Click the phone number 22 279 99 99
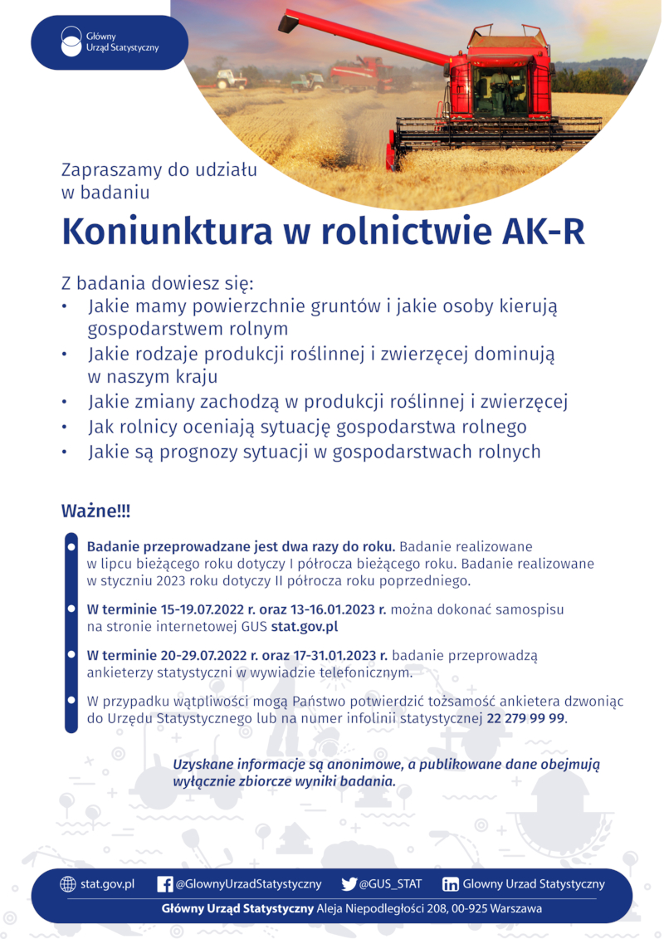tap(525, 717)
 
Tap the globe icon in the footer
tap(68, 884)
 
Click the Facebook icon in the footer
tap(165, 884)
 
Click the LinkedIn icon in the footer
tap(451, 884)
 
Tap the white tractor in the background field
tap(232, 79)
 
